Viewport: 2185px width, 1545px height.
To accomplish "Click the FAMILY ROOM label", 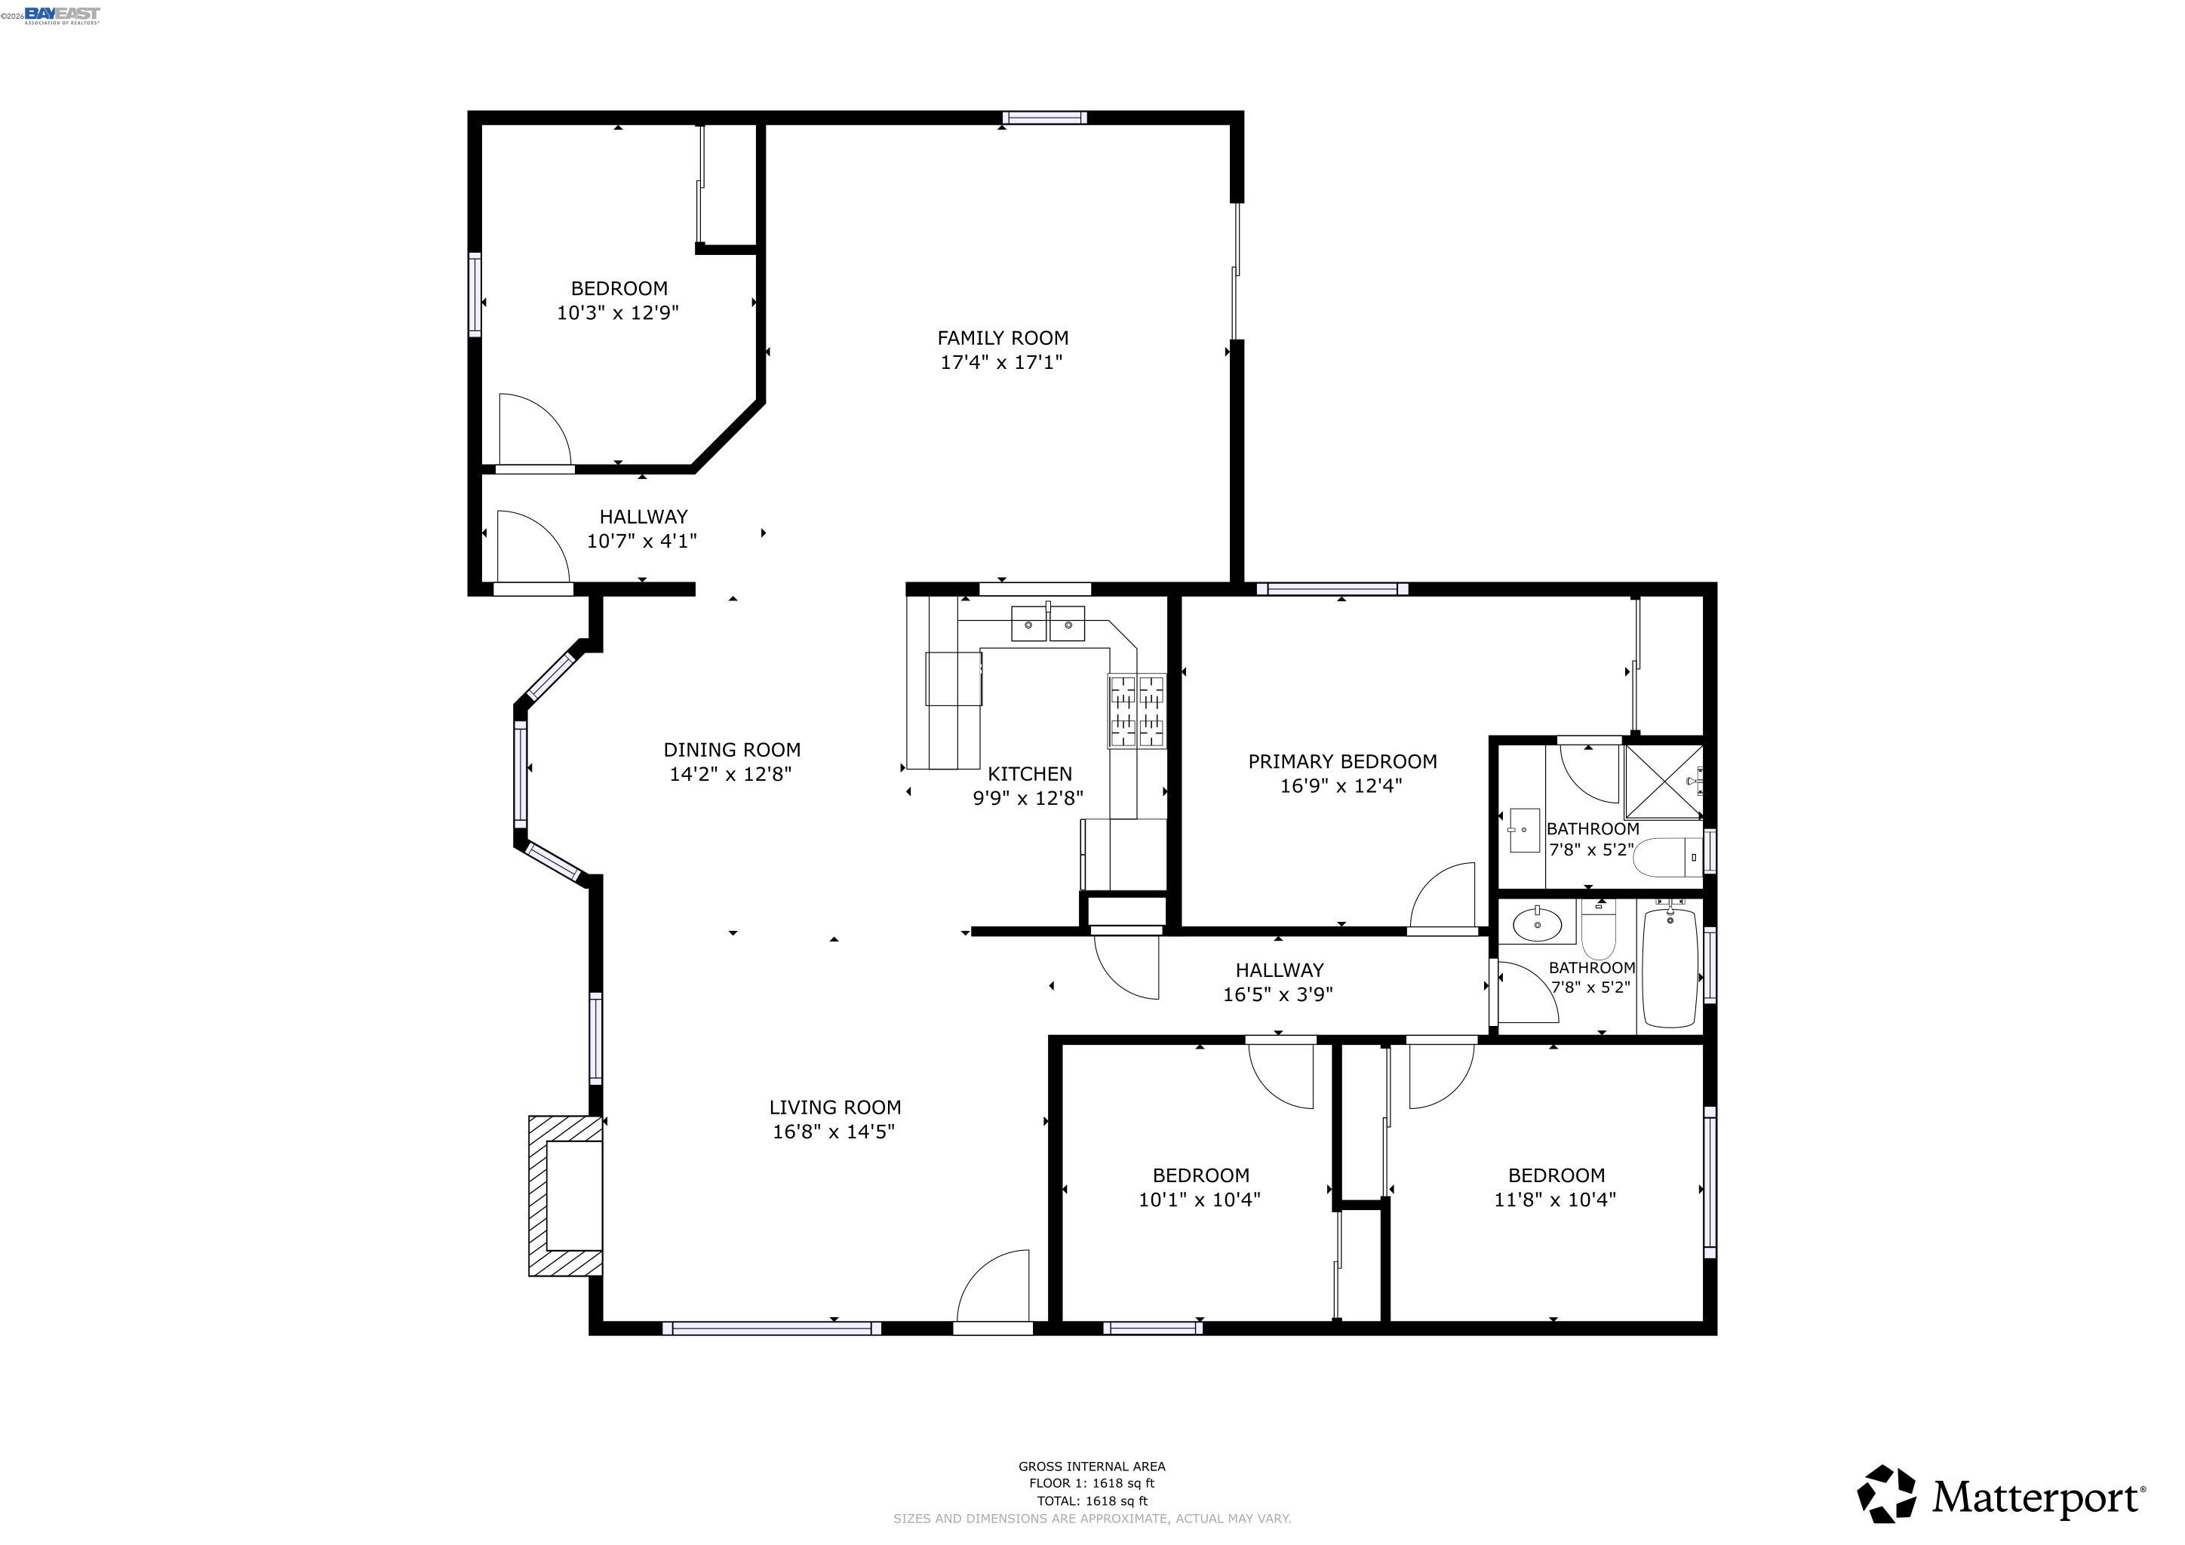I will click(x=1002, y=338).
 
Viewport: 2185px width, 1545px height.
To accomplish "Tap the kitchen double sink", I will click(x=1048, y=624).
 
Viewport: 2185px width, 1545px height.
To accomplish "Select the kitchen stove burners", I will click(x=1136, y=711).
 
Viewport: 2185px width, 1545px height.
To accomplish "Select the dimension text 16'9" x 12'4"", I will click(x=1341, y=786).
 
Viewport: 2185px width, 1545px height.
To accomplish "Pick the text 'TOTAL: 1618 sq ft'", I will click(x=1092, y=1501).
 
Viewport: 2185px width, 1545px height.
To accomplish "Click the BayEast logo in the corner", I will click(x=61, y=14).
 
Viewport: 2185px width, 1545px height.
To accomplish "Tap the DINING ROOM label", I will click(x=731, y=750).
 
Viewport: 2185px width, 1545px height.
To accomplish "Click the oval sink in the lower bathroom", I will click(x=1537, y=923).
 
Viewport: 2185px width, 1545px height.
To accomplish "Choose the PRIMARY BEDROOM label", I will click(x=1341, y=761).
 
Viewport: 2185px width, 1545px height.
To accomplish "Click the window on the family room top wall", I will click(x=1044, y=118).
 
